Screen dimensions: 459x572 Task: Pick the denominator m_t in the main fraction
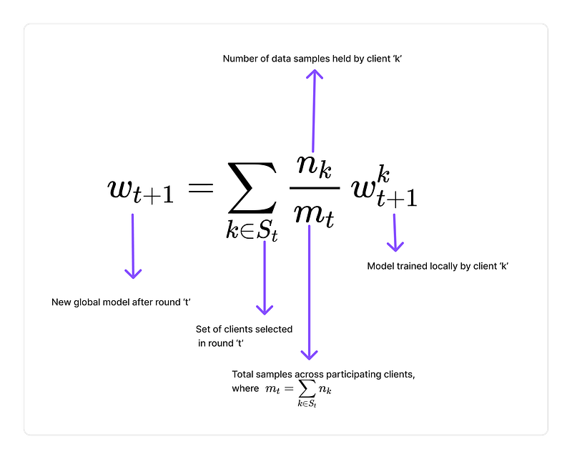[312, 212]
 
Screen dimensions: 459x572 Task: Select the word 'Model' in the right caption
[380, 266]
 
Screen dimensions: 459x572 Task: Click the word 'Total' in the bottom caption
[242, 375]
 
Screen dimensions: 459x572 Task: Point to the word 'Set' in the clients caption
[203, 330]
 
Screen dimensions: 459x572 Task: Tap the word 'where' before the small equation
[245, 388]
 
